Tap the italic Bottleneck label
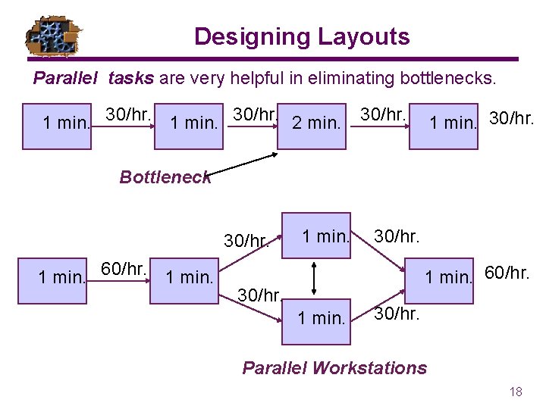(x=165, y=177)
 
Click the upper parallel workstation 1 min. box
(x=324, y=236)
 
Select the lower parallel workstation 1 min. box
(x=321, y=318)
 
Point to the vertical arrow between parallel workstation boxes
(x=316, y=276)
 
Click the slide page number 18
(x=516, y=392)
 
